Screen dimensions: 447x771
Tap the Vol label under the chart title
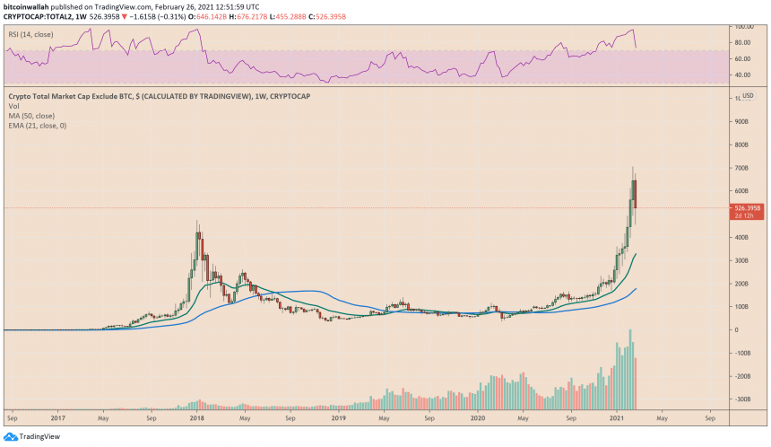pos(13,106)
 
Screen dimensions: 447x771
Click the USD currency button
pos(746,95)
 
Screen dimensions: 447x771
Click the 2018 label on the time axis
pos(197,417)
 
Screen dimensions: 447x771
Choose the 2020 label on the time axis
pos(479,417)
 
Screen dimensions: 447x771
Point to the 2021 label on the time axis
pos(619,417)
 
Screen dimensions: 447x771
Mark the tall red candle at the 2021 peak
pos(635,194)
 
